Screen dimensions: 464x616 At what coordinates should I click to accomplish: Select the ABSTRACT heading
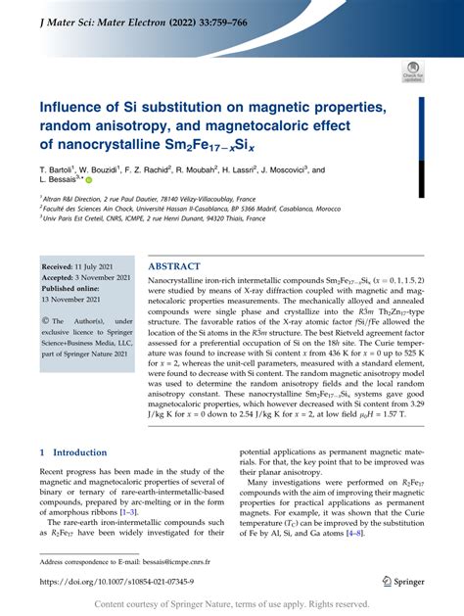coord(175,266)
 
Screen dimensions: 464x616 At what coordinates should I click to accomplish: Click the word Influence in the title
coord(74,105)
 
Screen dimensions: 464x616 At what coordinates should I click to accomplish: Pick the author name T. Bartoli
coord(58,169)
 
